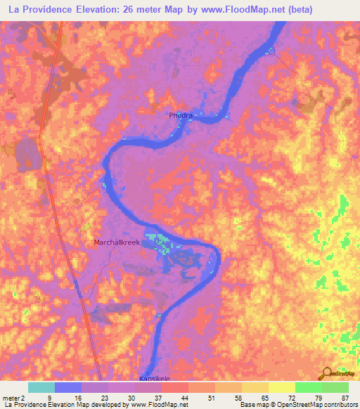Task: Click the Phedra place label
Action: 181,115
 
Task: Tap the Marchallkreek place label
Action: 117,242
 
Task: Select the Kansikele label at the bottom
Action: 156,377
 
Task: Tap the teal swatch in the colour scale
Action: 41,387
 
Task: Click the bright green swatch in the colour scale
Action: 308,387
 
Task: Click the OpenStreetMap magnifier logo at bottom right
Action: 327,374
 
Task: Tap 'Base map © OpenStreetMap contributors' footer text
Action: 298,405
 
